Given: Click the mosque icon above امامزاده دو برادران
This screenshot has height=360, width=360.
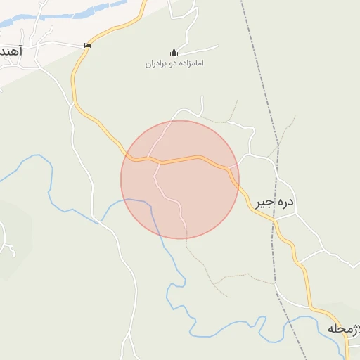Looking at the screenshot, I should coord(174,52).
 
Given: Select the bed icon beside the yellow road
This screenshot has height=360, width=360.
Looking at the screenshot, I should coord(87,46).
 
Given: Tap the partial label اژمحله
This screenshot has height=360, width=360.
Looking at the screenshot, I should coord(344,328).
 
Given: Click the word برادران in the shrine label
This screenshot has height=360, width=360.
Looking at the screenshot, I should coord(157,64).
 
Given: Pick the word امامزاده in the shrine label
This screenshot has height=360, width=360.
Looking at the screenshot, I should coord(191,64).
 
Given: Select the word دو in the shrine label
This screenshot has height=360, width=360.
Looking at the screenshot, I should coord(173,64).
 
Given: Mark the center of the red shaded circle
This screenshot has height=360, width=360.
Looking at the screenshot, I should coord(180,179).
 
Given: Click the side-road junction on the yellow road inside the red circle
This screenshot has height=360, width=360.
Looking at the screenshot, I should coord(160,162).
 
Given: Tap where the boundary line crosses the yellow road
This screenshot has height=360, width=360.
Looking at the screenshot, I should coord(274,220).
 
